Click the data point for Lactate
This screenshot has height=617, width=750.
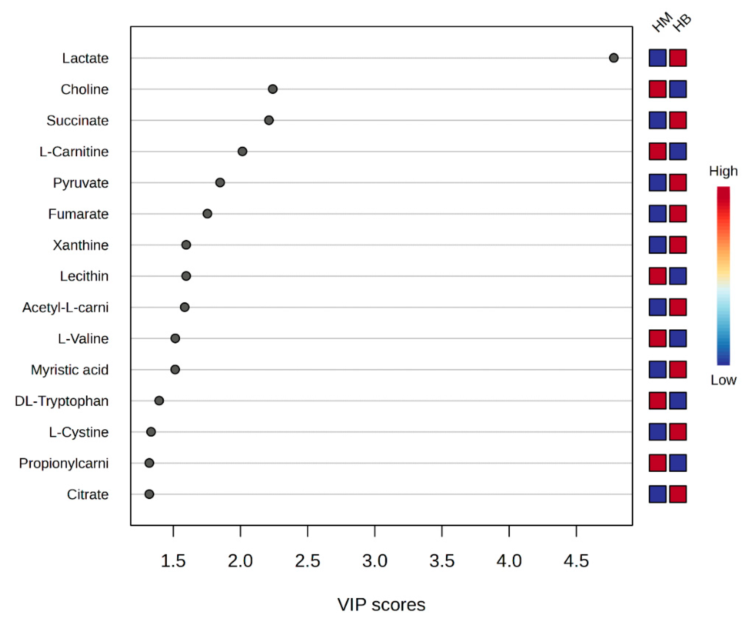coord(613,58)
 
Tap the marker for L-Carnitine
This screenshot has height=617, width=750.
coord(242,151)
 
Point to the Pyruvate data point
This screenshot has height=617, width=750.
coord(220,183)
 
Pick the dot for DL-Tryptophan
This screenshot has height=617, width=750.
coord(159,401)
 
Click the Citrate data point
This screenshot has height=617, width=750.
coord(149,494)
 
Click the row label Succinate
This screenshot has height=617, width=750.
coord(77,120)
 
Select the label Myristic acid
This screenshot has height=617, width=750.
coord(70,370)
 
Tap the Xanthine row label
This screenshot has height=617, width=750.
coord(81,245)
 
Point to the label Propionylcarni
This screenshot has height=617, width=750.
coord(64,463)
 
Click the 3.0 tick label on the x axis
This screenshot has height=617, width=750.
coord(375,561)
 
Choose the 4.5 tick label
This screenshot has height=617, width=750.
coord(576,561)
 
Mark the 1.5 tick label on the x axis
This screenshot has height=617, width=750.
coord(173,561)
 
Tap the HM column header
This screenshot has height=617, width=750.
coord(662,22)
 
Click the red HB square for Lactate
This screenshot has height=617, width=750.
coord(678,58)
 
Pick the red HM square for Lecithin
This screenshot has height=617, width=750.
coord(657,276)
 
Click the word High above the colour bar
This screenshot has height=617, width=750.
coord(723,171)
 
